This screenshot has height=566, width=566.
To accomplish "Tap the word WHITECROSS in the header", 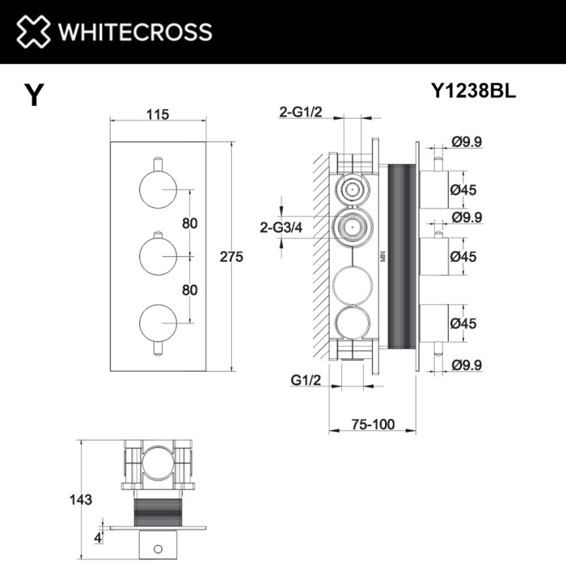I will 134,32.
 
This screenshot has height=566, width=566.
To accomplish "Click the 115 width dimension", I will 158,115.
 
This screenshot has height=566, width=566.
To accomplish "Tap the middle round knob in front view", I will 155,256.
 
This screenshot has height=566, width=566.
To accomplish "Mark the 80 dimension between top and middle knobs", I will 190,224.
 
